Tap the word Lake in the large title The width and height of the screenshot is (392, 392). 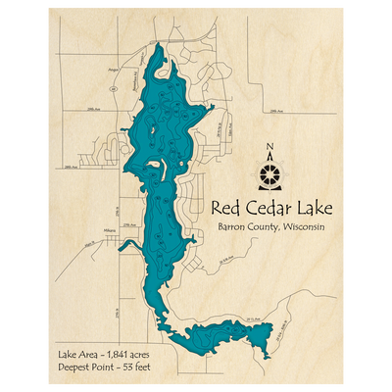pyautogui.click(x=307, y=208)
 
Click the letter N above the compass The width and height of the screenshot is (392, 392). pyautogui.click(x=271, y=150)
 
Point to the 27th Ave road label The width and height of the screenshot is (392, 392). pyautogui.click(x=128, y=224)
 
